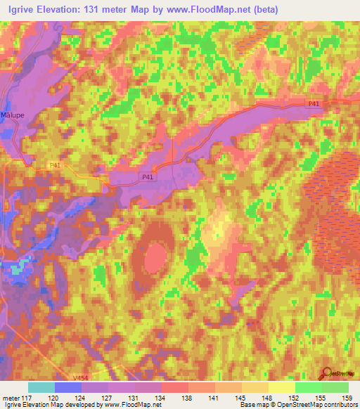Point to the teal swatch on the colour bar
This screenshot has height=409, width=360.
point(41,387)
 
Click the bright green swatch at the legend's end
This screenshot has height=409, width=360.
point(335,387)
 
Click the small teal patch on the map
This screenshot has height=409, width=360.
point(22,266)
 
